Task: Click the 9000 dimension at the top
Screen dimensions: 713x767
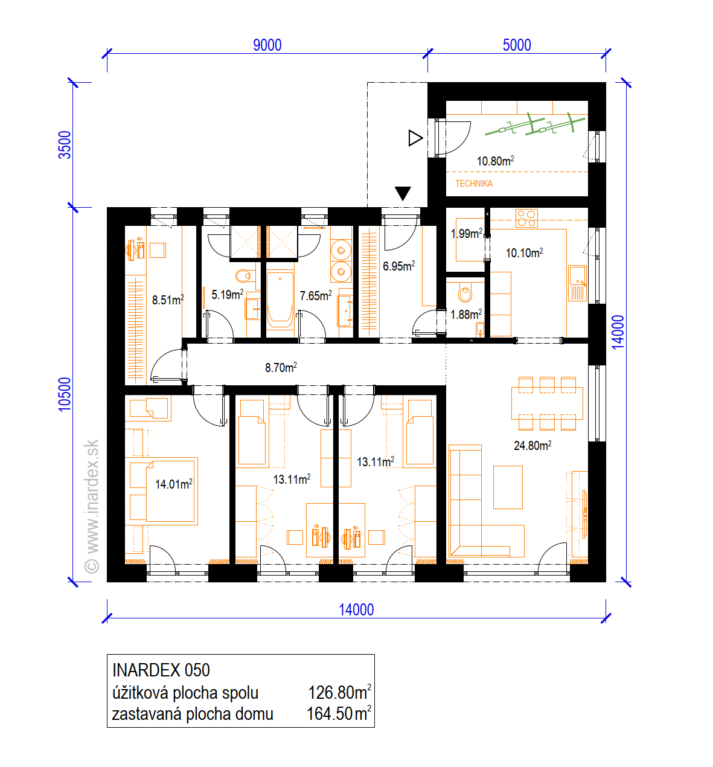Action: click(x=267, y=45)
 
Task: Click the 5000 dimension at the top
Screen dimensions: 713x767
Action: click(x=517, y=45)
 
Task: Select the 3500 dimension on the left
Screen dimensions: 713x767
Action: click(x=65, y=145)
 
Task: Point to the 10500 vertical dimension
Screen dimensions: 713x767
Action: click(x=65, y=394)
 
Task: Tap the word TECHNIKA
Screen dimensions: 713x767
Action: click(x=474, y=184)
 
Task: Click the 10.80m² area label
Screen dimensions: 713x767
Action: click(x=495, y=161)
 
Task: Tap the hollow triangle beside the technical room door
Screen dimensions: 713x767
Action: click(x=415, y=138)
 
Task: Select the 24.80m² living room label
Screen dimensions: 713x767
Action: click(x=532, y=445)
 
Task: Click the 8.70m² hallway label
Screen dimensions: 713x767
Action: click(x=281, y=367)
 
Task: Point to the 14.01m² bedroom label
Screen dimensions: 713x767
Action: click(x=174, y=484)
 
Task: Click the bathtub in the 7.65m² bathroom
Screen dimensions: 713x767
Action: click(x=280, y=300)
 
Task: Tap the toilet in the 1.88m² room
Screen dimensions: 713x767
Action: click(x=465, y=292)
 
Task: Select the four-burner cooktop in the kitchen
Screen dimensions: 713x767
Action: click(x=526, y=218)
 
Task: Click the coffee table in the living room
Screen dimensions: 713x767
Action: click(x=508, y=487)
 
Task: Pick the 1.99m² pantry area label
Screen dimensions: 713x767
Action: click(x=467, y=233)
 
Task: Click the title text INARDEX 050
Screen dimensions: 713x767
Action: click(x=161, y=670)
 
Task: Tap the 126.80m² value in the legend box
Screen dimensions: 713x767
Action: click(x=339, y=692)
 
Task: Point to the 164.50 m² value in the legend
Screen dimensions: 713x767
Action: click(x=339, y=713)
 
